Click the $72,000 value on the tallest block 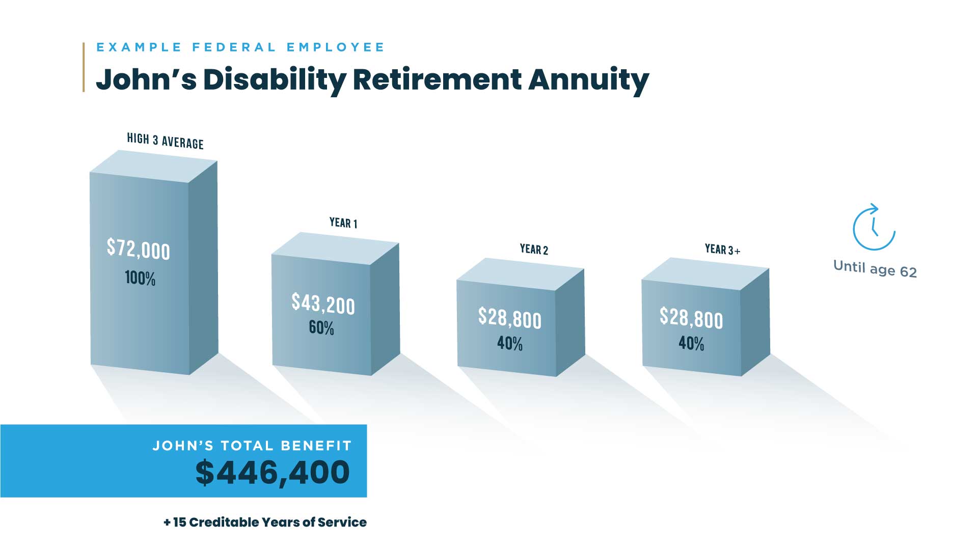pos(138,249)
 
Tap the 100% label pos(140,278)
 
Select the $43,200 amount pos(323,304)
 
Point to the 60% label pos(321,327)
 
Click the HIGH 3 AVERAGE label pos(165,141)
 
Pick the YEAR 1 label pos(343,223)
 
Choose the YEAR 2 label pos(534,249)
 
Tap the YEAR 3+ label pos(722,249)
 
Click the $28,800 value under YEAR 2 pos(509,318)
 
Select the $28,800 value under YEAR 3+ pos(691,318)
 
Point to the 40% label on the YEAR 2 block pos(510,344)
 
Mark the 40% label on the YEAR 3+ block pos(691,344)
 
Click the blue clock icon pos(874,228)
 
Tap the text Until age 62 pos(875,269)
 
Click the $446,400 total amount pos(273,473)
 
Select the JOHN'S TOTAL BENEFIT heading pos(252,446)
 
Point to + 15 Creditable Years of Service pos(265,522)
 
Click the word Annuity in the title pos(588,79)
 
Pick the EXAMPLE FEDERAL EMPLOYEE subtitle pos(240,47)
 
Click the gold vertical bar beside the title pos(84,67)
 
